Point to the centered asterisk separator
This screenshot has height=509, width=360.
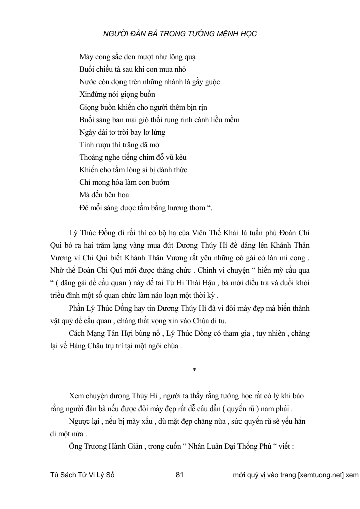(194, 370)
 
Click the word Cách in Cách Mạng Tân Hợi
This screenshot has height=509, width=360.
(77, 334)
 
